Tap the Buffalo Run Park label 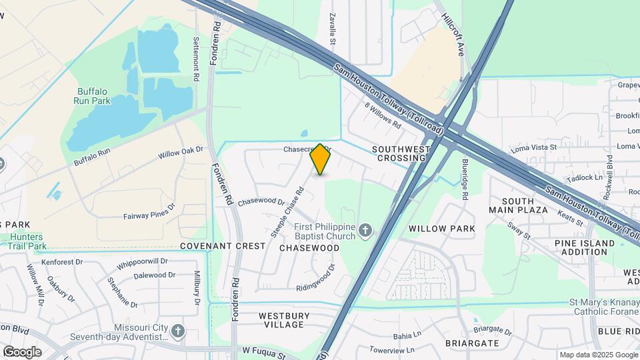[92, 96]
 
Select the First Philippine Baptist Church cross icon [365, 231]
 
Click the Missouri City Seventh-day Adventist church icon [177, 331]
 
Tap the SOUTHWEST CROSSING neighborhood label [400, 153]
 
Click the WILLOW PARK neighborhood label [442, 229]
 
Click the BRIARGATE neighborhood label [472, 343]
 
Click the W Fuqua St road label [267, 349]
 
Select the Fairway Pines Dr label [149, 216]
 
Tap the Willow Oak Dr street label [179, 153]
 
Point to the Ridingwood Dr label [315, 280]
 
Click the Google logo [22, 351]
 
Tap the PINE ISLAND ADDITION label [585, 247]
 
